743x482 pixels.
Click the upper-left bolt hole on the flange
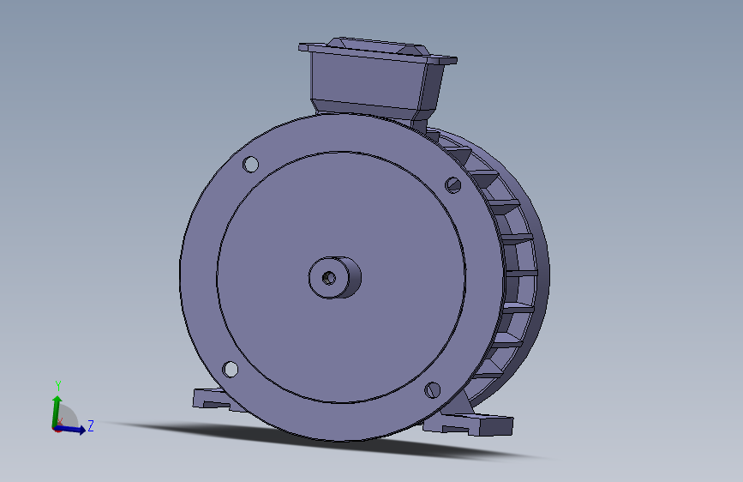[250, 164]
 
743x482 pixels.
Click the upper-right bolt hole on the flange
[453, 183]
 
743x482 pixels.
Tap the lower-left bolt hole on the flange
[231, 369]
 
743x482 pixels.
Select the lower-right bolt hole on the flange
[432, 390]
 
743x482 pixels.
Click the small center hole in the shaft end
[328, 278]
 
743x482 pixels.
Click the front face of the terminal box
[364, 81]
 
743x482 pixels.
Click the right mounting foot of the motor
[480, 424]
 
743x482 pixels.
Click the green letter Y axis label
[57, 385]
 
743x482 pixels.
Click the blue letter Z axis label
[90, 425]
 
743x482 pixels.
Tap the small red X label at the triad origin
[60, 421]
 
